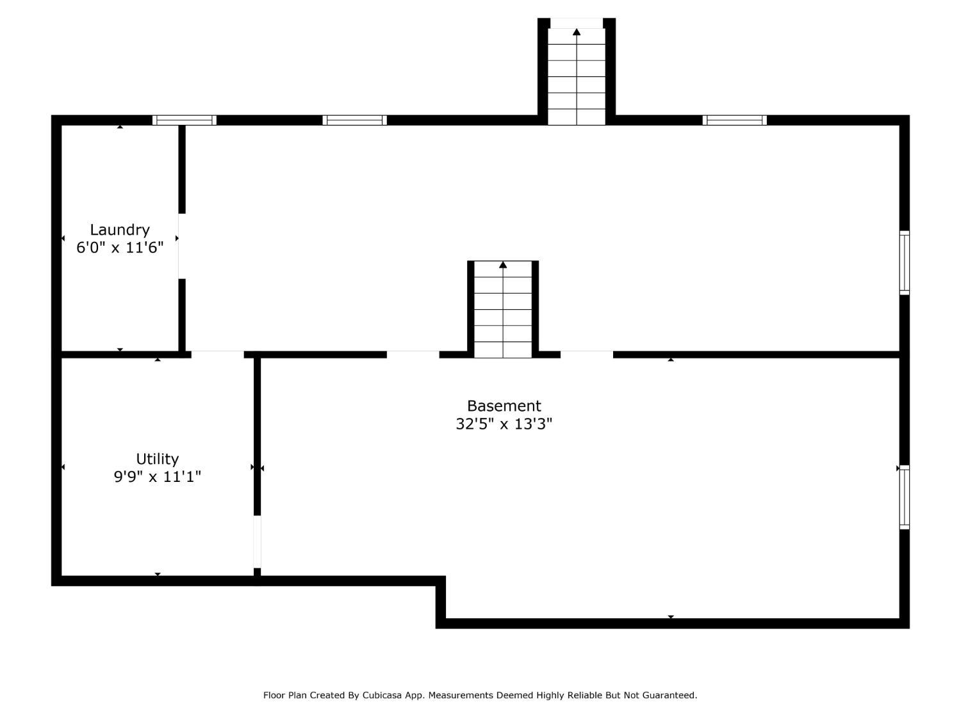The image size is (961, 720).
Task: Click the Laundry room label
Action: point(120,230)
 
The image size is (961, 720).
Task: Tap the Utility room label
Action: point(157,459)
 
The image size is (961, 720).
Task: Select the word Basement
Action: point(504,406)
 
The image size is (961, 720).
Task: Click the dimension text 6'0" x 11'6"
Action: point(120,248)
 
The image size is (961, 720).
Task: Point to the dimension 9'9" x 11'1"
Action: point(157,477)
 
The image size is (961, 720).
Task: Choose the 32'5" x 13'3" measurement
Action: point(504,424)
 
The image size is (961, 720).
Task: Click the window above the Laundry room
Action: point(185,120)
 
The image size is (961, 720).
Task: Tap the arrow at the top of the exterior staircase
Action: point(577,32)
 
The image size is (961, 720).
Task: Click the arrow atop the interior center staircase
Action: point(503,265)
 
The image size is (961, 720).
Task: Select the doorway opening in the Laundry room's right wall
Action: point(182,246)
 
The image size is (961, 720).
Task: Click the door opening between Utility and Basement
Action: point(258,541)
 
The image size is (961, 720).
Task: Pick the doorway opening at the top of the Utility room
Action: point(218,355)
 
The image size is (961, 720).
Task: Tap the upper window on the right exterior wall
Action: point(905,263)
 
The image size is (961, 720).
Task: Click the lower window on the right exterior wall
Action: point(905,497)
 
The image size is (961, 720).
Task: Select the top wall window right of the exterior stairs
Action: point(735,120)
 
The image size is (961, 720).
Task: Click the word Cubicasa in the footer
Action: point(382,695)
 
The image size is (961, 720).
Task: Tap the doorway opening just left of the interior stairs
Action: point(413,355)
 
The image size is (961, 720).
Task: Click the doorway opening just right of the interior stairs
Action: point(587,355)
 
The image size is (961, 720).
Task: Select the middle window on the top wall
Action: point(355,120)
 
